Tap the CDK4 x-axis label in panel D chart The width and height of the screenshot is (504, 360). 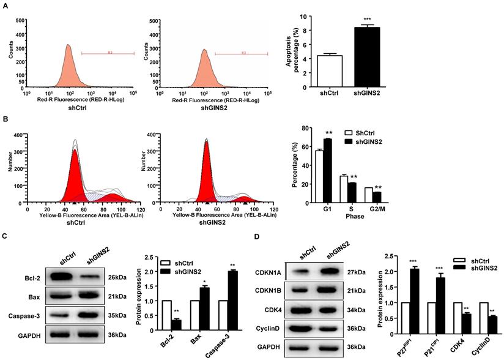pyautogui.click(x=457, y=344)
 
